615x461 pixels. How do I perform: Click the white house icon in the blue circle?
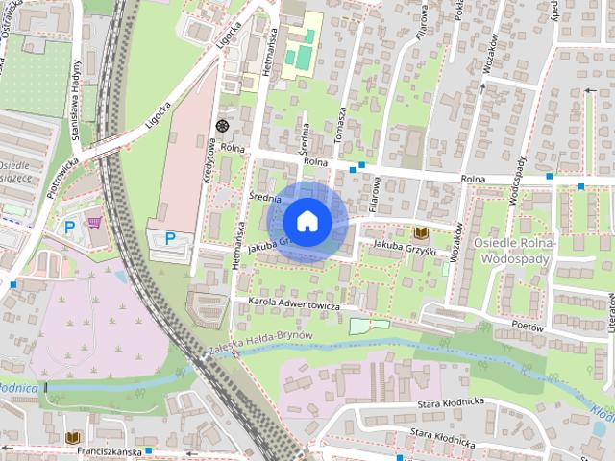(307, 221)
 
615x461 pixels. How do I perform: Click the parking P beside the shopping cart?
(69, 228)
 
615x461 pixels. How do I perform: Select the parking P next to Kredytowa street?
(170, 238)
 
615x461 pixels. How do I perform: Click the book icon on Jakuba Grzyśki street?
(420, 233)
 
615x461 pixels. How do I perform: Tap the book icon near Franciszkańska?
(72, 437)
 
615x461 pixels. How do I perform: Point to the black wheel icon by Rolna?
(223, 126)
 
